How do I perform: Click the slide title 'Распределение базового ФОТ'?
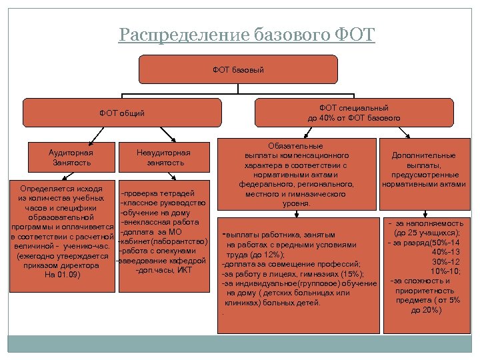[x=247, y=34]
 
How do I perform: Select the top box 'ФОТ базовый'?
[x=238, y=69]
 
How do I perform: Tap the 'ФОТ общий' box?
[x=121, y=113]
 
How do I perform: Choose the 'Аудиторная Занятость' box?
[x=71, y=158]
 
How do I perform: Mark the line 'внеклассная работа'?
[x=159, y=221]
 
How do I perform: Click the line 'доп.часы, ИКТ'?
[x=163, y=269]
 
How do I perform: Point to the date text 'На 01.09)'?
[x=62, y=275]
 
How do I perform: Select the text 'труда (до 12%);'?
[x=255, y=255]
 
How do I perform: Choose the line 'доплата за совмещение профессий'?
[x=291, y=264]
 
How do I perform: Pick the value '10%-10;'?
[x=445, y=271]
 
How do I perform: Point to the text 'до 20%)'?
[x=426, y=309]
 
